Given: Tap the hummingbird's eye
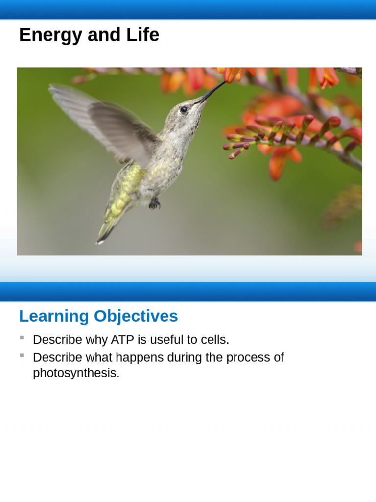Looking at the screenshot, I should (x=184, y=109).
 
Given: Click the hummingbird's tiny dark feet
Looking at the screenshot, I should (x=155, y=202).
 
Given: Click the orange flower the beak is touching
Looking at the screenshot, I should (x=232, y=74).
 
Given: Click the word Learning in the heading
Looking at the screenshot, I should (x=54, y=316).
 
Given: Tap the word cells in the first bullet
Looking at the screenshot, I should (x=213, y=340).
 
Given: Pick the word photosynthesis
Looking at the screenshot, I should (x=76, y=373).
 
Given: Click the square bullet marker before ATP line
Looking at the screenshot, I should (x=22, y=338).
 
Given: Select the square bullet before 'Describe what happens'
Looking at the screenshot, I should (x=22, y=355).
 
